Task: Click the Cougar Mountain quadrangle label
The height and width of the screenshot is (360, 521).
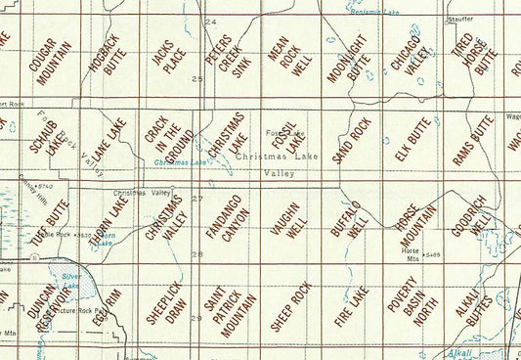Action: [x=49, y=58]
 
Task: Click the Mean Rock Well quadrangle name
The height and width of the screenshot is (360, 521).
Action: [x=283, y=58]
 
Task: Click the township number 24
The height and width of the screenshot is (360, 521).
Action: [x=212, y=22]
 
